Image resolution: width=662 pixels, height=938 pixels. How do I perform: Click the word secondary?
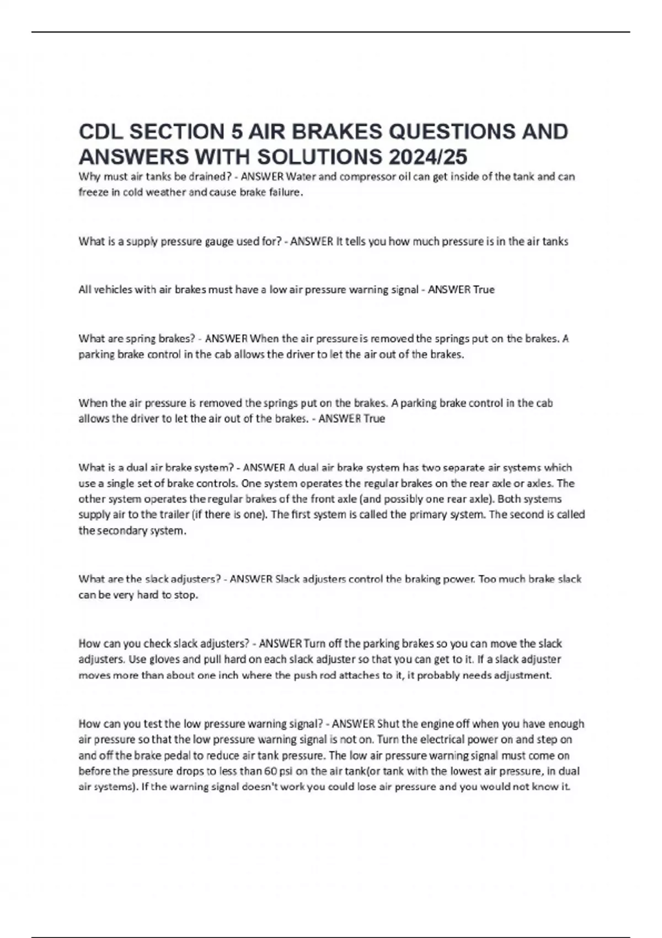tap(123, 531)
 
